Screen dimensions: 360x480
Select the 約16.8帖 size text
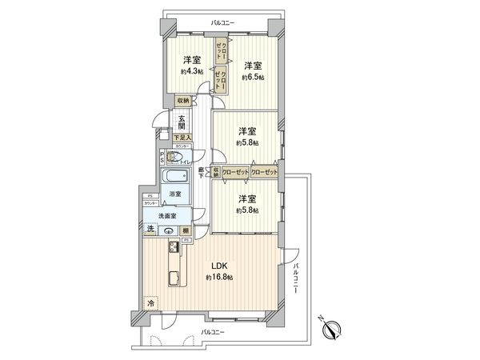pyautogui.click(x=218, y=277)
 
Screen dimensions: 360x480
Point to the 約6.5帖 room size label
pyautogui.click(x=252, y=78)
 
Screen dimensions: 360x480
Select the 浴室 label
pyautogui.click(x=175, y=194)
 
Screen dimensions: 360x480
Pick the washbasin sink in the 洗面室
pyautogui.click(x=168, y=232)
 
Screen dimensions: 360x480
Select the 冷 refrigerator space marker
pyautogui.click(x=150, y=303)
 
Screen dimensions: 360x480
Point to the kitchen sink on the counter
pyautogui.click(x=174, y=279)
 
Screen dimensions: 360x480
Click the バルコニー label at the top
pyautogui.click(x=222, y=24)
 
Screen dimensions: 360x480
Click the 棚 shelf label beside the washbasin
pyautogui.click(x=185, y=232)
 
